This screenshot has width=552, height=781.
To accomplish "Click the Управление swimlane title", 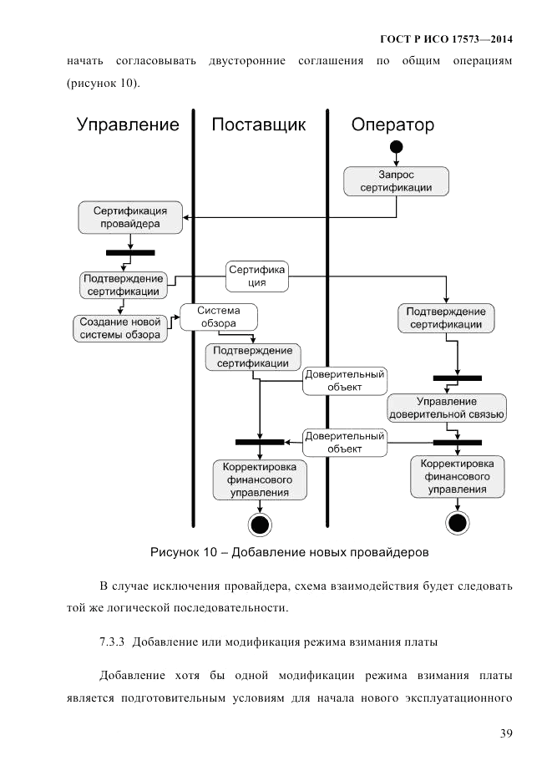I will click(x=128, y=125).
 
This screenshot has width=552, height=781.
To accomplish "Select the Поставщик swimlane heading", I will click(x=258, y=125).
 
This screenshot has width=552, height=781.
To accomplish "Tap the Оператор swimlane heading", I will click(x=392, y=125).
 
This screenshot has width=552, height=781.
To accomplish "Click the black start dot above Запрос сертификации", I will click(x=396, y=148).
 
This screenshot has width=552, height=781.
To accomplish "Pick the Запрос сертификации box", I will click(x=396, y=181).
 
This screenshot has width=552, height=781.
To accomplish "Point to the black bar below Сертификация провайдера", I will click(x=130, y=251).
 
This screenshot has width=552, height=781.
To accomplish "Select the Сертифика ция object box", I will click(x=258, y=276).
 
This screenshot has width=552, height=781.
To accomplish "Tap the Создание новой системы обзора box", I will click(x=119, y=328).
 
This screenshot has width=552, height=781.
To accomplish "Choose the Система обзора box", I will click(x=218, y=317).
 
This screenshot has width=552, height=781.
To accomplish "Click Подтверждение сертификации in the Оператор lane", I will click(x=445, y=318).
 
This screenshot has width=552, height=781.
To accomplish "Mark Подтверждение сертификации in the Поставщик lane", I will click(x=253, y=357).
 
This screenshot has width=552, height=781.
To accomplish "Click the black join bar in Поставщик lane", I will click(x=260, y=442).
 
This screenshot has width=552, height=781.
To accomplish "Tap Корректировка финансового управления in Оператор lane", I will click(x=457, y=475).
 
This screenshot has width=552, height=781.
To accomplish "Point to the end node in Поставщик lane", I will click(x=260, y=525).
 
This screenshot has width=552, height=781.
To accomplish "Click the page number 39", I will click(x=505, y=733).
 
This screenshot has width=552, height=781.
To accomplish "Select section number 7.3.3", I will click(x=112, y=642).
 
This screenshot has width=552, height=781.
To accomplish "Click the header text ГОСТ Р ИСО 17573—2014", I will click(x=446, y=39).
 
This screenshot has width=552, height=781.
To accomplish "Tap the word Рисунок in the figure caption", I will click(x=175, y=552).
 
